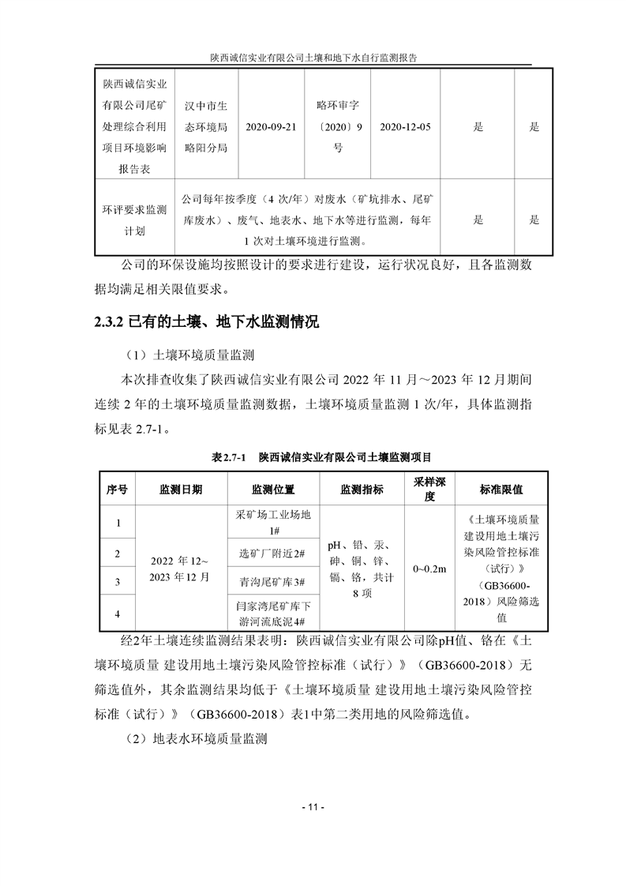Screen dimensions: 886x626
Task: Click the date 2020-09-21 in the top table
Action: click(272, 127)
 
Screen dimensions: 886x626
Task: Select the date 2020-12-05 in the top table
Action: click(405, 127)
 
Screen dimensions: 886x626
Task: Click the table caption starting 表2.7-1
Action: click(321, 457)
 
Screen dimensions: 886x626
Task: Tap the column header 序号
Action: click(117, 490)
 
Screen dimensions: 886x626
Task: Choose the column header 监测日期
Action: click(181, 490)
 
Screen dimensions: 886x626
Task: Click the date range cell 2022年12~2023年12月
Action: click(181, 568)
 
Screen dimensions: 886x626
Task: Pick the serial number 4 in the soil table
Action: click(117, 613)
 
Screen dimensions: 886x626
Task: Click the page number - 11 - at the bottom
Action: click(313, 808)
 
